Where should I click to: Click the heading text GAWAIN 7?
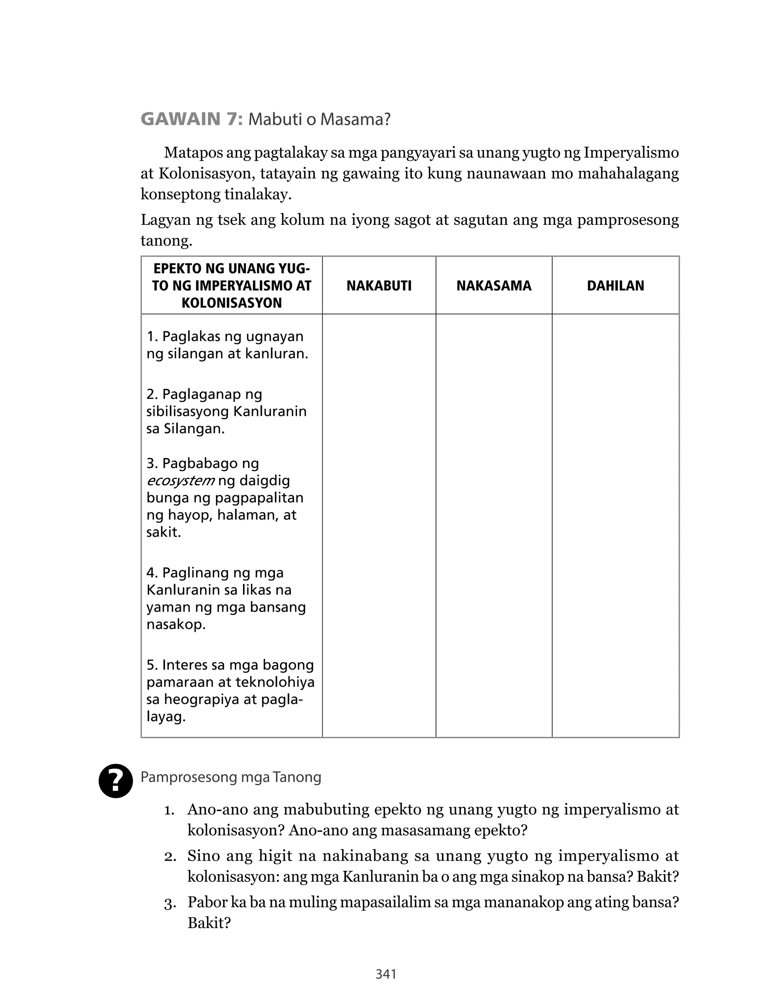pos(191,119)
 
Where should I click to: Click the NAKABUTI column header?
pos(379,286)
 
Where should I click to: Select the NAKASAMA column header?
pos(494,286)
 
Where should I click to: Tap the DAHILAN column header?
pos(615,286)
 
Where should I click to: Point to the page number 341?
pos(386,974)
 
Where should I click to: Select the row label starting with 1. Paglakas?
pos(227,345)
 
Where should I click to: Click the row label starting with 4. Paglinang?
pos(226,598)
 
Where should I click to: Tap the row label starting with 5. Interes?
pos(230,690)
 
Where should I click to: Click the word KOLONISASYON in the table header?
pos(231,303)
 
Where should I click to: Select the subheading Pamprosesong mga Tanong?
pos(231,777)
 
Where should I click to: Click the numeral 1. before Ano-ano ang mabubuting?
pos(169,810)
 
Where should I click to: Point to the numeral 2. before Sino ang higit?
pos(169,857)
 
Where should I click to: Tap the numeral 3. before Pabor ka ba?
pos(169,904)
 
